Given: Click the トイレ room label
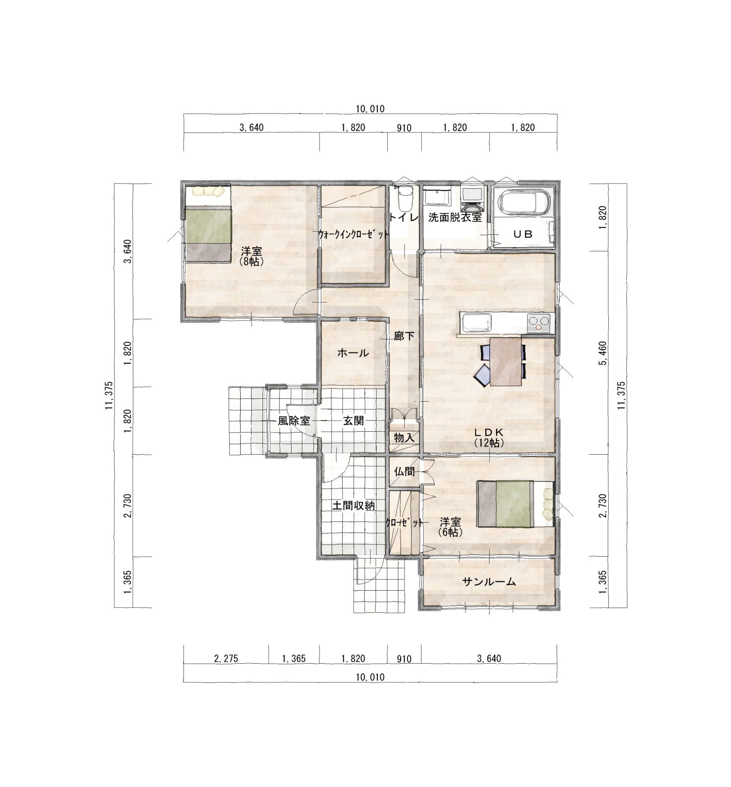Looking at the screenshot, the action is [x=404, y=217].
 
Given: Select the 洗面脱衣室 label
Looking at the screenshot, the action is [x=455, y=218].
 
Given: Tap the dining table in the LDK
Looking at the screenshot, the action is [x=506, y=362].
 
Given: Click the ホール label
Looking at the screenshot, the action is [x=353, y=353].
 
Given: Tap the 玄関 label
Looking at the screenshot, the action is [x=353, y=421].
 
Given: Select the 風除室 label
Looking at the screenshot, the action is [x=294, y=421].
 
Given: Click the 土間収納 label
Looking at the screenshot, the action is [x=353, y=505].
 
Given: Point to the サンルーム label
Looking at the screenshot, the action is [x=489, y=582].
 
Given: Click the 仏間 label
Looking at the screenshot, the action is [x=404, y=472].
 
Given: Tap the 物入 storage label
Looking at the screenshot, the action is [x=404, y=437].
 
